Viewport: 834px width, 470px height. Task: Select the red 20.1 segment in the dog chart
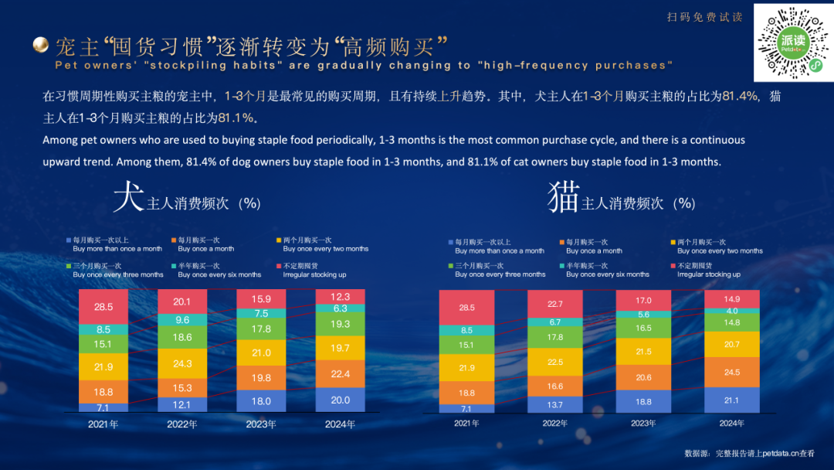(182, 302)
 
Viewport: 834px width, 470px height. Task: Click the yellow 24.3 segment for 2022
(182, 363)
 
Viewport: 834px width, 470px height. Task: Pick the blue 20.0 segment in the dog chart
(341, 400)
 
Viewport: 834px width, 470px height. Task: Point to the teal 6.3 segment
(341, 308)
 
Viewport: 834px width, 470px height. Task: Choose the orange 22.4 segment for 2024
(341, 374)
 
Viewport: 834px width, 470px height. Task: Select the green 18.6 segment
(182, 337)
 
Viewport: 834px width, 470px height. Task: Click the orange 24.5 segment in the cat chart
(731, 372)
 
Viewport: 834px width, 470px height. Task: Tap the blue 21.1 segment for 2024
(731, 400)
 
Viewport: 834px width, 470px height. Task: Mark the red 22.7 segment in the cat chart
(554, 304)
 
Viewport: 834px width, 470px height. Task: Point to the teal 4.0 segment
(731, 312)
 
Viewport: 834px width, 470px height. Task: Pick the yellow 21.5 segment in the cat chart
(642, 352)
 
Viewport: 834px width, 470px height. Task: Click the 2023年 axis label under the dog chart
(261, 424)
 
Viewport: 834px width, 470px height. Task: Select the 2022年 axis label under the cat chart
(554, 424)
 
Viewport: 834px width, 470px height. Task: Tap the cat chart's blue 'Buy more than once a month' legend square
(451, 243)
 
